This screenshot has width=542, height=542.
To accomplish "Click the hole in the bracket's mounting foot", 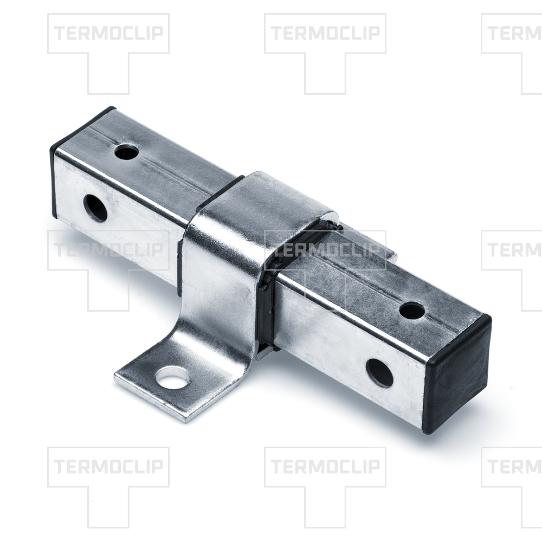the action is (x=172, y=377).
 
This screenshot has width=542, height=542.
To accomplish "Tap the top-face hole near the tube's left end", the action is (x=127, y=152).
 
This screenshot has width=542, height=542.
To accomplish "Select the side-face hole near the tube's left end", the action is (x=95, y=208).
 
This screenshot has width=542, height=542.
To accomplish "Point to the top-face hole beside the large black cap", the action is (x=412, y=311).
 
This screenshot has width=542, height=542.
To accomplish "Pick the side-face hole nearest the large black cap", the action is (x=379, y=373).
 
